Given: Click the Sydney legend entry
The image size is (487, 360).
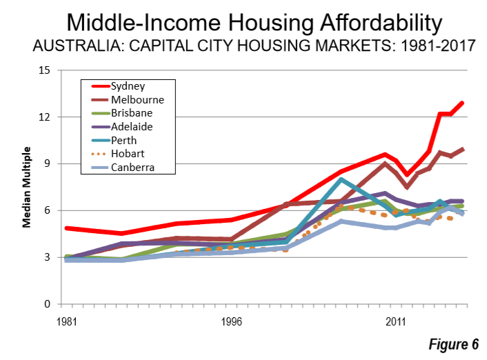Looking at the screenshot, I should click(x=128, y=86).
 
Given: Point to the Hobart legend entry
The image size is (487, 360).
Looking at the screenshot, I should click(x=128, y=154).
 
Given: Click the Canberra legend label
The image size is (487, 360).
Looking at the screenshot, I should click(x=132, y=167).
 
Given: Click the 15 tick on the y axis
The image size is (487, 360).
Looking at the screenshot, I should click(x=46, y=70).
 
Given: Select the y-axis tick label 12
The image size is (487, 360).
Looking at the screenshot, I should click(x=46, y=117).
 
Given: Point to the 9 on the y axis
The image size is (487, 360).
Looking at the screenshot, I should click(x=48, y=164).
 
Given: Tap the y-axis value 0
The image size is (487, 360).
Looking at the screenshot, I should click(x=48, y=304).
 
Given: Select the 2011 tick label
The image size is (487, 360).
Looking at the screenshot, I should click(x=396, y=321).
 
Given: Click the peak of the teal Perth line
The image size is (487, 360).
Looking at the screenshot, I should click(x=341, y=180).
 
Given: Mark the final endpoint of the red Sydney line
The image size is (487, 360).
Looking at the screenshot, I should click(x=462, y=103).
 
